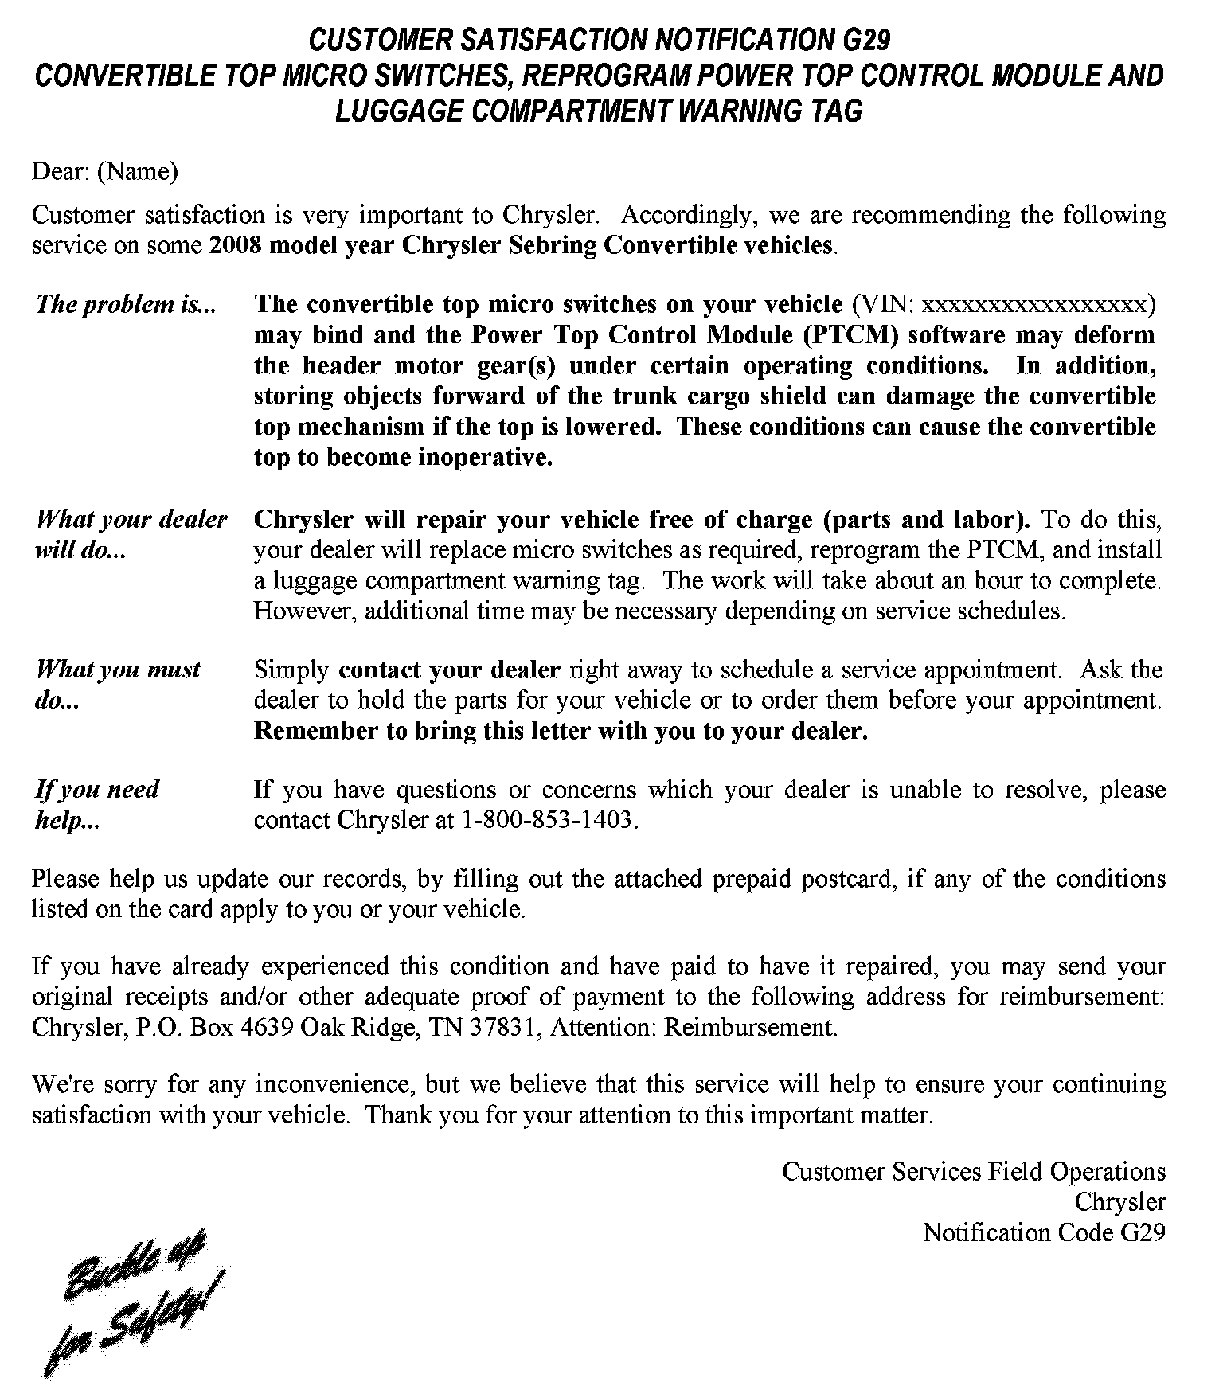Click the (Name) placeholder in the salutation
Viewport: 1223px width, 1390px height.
(x=137, y=171)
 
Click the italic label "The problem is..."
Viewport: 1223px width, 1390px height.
(x=126, y=304)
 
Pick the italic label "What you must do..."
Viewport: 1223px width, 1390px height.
(x=118, y=684)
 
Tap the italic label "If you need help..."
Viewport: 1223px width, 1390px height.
(x=97, y=804)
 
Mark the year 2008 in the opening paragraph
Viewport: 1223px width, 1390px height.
(x=236, y=245)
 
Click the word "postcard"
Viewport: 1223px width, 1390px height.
(x=846, y=879)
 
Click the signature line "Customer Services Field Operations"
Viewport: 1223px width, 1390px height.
(x=974, y=1171)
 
